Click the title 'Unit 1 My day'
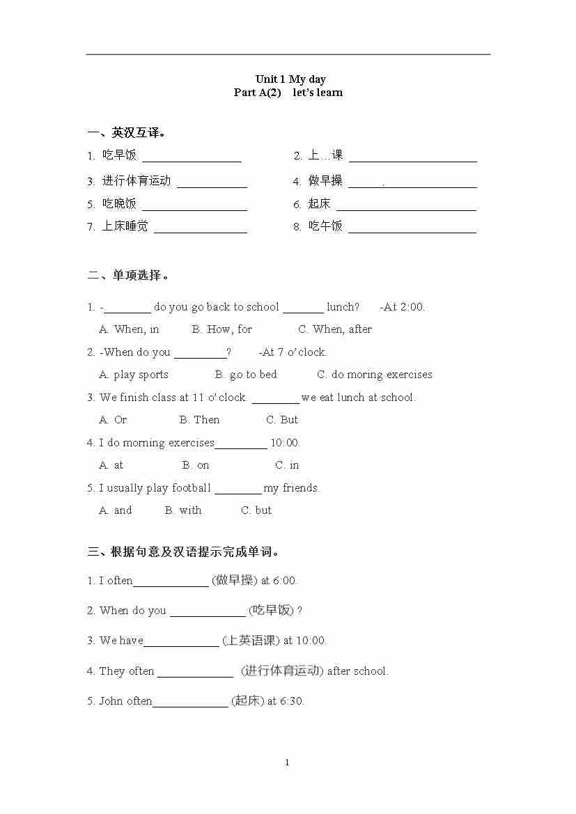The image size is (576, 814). coord(290,79)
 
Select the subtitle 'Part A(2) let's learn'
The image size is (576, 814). coord(288,93)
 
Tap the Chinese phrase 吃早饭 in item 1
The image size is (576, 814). coord(119,155)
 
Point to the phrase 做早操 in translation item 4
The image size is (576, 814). coord(325,181)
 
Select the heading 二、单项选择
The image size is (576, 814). coord(129,275)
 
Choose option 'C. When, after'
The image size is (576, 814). coord(335,329)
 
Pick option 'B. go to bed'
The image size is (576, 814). coord(246,375)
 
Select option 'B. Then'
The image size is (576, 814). coord(199,420)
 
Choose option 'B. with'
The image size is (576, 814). coord(183,510)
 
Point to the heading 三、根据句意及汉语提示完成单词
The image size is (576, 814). coord(184,552)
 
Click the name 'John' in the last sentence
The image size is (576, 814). coord(111,701)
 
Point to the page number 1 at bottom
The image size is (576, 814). coord(287,762)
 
